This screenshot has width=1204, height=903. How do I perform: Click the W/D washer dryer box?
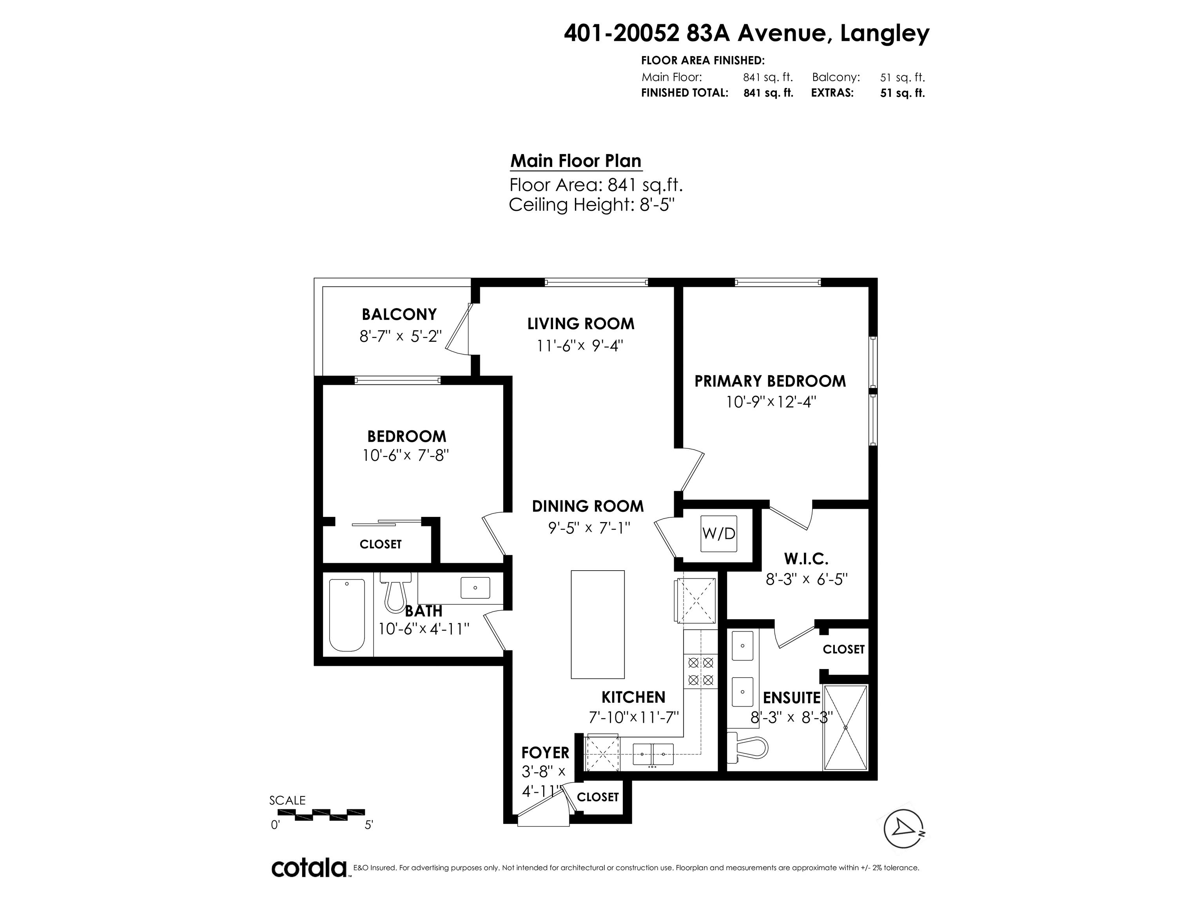(718, 533)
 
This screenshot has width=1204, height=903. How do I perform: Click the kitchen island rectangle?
(597, 624)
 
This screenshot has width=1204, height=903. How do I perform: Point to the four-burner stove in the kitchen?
(700, 671)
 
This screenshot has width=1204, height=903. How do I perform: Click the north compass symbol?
(903, 829)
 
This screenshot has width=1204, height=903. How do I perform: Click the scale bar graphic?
(318, 814)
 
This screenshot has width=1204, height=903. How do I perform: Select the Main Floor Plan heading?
(576, 161)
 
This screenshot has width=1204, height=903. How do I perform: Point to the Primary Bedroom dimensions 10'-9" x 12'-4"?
(771, 402)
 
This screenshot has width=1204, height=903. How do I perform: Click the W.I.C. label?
(806, 558)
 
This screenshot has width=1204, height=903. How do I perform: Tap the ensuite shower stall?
(845, 728)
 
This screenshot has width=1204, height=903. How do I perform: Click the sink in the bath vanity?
(475, 588)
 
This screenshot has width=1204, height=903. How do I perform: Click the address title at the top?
(747, 34)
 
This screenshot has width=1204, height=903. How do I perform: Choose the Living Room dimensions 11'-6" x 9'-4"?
(580, 346)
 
